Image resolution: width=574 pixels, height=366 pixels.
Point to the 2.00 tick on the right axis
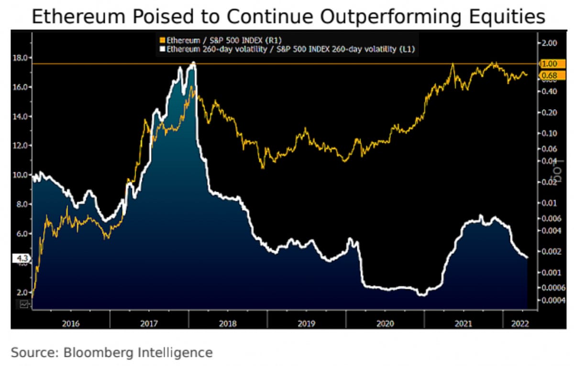(550, 43)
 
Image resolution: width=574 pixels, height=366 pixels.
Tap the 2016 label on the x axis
(71, 323)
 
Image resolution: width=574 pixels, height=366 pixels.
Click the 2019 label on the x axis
(306, 323)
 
